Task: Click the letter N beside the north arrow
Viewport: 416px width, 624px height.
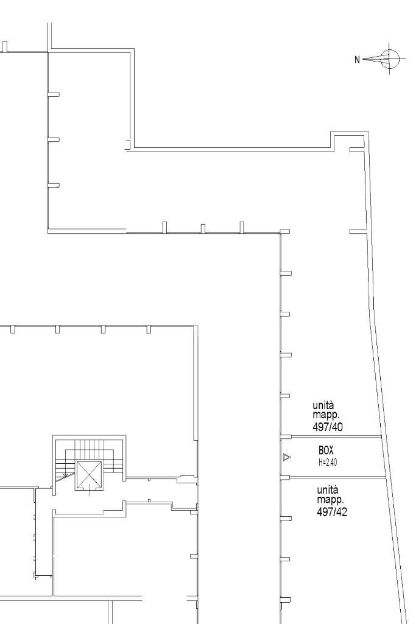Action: pyautogui.click(x=357, y=60)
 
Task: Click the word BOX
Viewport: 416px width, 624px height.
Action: pyautogui.click(x=326, y=450)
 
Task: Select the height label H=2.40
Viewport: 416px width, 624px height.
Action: pyautogui.click(x=328, y=463)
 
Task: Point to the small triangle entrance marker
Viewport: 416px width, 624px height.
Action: pyautogui.click(x=287, y=457)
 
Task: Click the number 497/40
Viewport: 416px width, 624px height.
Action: pyautogui.click(x=328, y=427)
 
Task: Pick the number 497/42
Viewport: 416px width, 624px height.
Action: pyautogui.click(x=332, y=512)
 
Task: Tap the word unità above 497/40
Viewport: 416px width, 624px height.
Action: pyautogui.click(x=323, y=405)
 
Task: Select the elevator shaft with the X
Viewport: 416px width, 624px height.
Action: pyautogui.click(x=89, y=475)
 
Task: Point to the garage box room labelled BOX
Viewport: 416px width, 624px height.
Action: pyautogui.click(x=334, y=457)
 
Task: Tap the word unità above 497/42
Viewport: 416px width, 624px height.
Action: pyautogui.click(x=327, y=489)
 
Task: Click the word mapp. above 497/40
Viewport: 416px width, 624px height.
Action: pyautogui.click(x=326, y=416)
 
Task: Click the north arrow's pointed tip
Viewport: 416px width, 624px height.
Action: pyautogui.click(x=362, y=60)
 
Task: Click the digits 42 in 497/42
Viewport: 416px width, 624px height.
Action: pyautogui.click(x=342, y=512)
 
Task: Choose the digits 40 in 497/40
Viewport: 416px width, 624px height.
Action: pyautogui.click(x=337, y=427)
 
